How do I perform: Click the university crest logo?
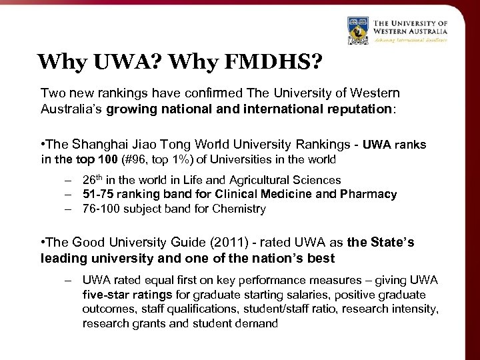(358, 31)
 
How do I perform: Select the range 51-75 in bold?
(98, 195)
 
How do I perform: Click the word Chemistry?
(241, 209)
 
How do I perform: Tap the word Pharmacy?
(369, 195)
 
